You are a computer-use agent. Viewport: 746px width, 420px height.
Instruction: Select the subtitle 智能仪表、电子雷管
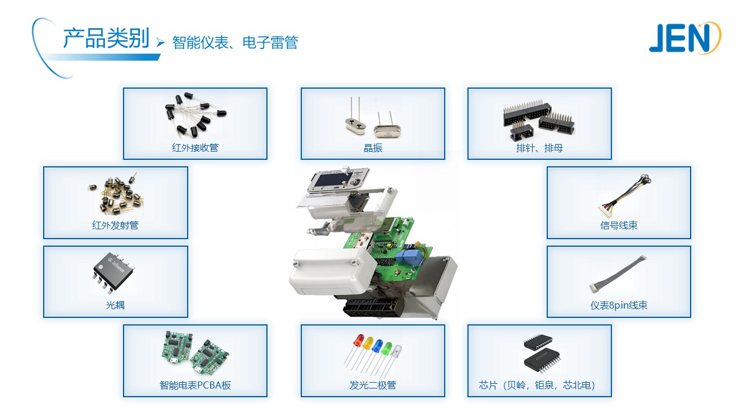[x=235, y=43]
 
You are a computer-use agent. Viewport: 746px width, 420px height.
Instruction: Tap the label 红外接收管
[x=195, y=148]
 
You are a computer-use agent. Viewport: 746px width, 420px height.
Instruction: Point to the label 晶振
[x=373, y=148]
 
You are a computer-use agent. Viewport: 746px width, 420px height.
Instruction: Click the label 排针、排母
[x=540, y=148]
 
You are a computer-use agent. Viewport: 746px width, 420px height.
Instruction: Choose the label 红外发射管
[x=115, y=226]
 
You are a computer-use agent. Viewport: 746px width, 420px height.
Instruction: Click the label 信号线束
[x=619, y=226]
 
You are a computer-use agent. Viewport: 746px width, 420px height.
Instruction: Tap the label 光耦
[x=115, y=304]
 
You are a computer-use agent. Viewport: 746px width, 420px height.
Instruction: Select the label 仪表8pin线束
[x=619, y=305]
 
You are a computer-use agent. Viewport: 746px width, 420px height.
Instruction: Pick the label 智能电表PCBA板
[x=195, y=385]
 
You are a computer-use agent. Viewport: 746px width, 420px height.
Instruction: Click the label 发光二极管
[x=373, y=385]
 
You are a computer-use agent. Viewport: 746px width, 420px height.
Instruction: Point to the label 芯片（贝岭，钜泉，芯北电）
[x=540, y=385]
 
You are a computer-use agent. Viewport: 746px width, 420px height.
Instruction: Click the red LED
[x=358, y=340]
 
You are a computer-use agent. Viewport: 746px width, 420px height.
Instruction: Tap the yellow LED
[x=368, y=344]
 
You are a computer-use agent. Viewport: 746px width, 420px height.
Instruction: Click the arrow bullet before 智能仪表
[x=160, y=43]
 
